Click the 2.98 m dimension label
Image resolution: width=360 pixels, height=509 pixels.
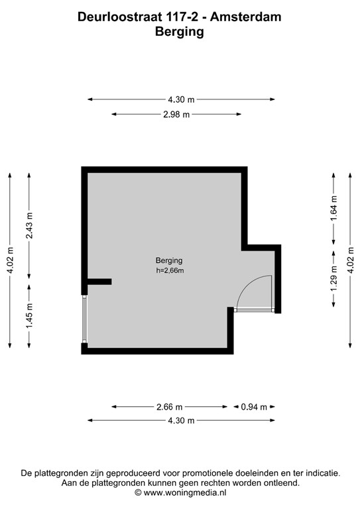[177, 115]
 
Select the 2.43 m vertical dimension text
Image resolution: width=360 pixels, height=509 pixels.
[29, 225]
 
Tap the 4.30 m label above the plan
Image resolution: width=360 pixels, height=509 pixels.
[182, 99]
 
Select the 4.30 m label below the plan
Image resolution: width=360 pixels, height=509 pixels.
[182, 421]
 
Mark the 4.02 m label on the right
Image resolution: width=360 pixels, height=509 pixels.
[351, 259]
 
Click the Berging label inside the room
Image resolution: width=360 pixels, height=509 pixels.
[169, 260]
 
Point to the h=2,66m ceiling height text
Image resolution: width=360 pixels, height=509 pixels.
[169, 270]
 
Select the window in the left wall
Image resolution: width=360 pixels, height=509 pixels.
[84, 319]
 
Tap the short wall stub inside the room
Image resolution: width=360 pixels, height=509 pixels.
[99, 282]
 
